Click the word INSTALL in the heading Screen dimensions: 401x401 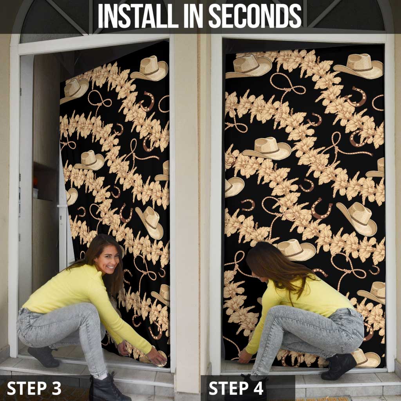[138, 16]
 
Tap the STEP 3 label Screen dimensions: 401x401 [34, 388]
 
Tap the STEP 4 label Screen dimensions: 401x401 [236, 388]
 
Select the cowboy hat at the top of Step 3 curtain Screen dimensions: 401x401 [150, 69]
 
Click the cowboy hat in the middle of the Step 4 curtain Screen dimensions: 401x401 [267, 149]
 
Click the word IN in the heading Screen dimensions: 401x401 [193, 16]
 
